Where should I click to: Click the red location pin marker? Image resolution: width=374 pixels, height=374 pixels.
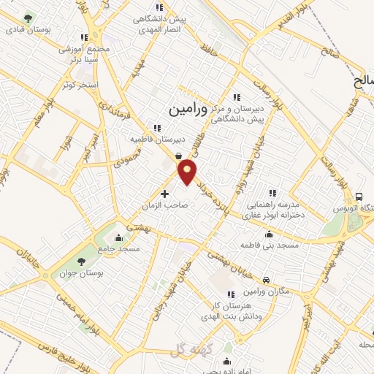pos(188,172)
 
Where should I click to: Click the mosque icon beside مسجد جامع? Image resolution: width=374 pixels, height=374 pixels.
pos(119,237)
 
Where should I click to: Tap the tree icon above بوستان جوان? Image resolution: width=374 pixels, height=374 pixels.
pos(81,262)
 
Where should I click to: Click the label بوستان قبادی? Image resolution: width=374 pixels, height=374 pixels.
pos(26,31)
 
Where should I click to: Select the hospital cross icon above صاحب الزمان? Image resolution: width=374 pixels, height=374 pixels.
pos(164,194)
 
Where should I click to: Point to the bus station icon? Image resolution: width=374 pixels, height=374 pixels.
pos(359,196)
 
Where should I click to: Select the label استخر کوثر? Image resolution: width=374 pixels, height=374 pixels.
pos(80,85)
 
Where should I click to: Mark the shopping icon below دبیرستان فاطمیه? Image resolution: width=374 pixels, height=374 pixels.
pos(179,154)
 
